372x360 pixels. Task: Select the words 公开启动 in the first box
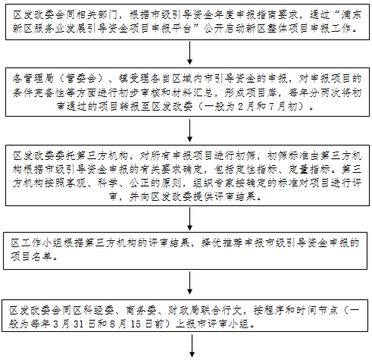224,29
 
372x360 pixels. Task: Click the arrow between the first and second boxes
190,52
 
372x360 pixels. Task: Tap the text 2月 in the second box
245,106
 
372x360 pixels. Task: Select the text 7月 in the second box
277,106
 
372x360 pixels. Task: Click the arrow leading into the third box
190,130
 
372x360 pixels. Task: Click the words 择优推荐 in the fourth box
221,243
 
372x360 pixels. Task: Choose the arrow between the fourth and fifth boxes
190,283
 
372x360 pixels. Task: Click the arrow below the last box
192,346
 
